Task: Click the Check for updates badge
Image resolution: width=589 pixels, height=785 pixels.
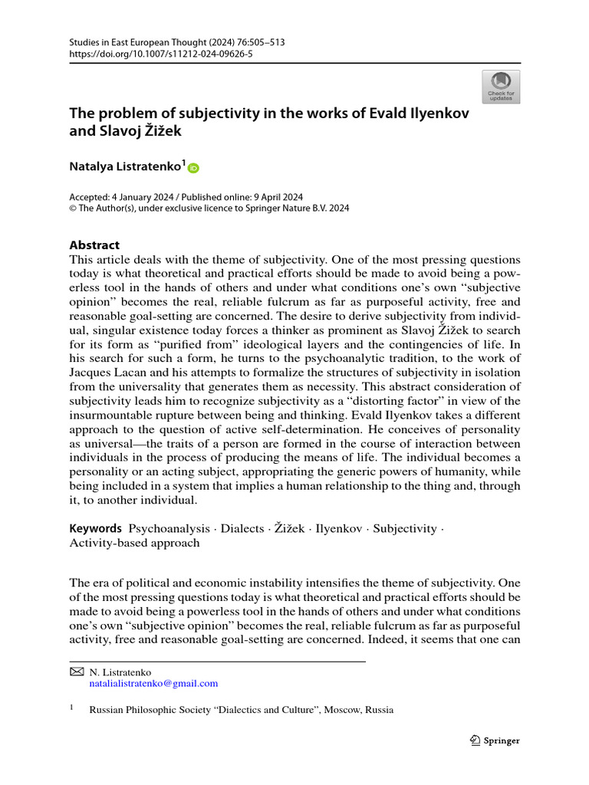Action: (x=500, y=87)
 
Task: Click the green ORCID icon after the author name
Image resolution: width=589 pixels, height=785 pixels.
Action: (x=192, y=168)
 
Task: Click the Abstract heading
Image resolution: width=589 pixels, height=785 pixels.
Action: (x=94, y=245)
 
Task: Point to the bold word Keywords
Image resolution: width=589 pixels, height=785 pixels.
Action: (x=96, y=528)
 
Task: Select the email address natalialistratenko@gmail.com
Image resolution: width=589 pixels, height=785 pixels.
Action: (x=153, y=683)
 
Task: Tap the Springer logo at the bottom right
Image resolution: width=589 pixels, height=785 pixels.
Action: (x=494, y=741)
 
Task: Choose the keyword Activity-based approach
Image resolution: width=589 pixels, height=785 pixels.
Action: (x=134, y=543)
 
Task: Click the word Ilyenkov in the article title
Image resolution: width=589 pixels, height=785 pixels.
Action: (x=439, y=113)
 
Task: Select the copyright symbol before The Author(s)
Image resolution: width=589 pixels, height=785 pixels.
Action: (x=74, y=208)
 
